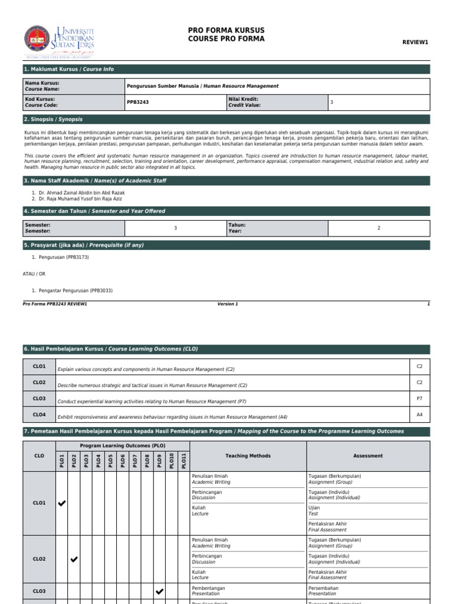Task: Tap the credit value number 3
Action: (331, 102)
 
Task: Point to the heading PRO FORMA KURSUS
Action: (226, 30)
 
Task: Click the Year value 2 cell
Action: (379, 228)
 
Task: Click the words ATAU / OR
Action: (34, 274)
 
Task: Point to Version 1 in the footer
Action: (228, 304)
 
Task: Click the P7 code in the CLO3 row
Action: (419, 399)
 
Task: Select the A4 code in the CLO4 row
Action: (419, 415)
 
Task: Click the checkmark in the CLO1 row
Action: (61, 503)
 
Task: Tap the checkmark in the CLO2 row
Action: (74, 559)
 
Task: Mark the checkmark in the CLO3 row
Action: (159, 591)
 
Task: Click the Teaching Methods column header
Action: (248, 456)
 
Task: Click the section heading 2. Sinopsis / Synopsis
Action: (53, 119)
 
